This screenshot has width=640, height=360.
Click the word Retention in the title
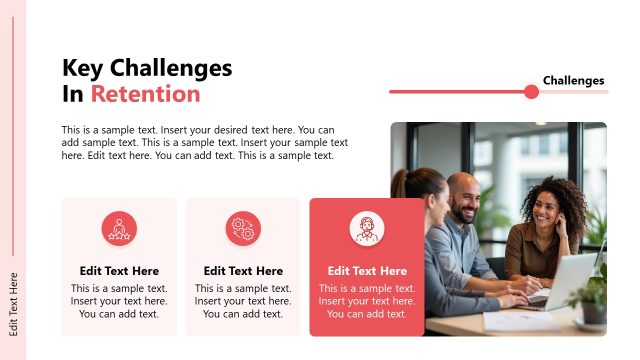(145, 94)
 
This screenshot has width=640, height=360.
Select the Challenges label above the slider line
(573, 80)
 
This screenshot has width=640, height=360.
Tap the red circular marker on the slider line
(531, 92)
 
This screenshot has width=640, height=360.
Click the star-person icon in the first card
(119, 229)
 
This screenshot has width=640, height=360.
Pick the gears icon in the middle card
(243, 229)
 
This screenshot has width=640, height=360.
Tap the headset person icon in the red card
(367, 229)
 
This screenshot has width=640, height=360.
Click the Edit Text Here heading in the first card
(119, 271)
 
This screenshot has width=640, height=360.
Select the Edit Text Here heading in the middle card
(243, 271)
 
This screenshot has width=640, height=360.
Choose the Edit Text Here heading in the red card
(367, 271)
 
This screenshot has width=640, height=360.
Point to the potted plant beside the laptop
(594, 295)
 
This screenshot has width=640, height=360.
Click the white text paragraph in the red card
(367, 301)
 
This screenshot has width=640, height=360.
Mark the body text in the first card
(119, 301)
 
